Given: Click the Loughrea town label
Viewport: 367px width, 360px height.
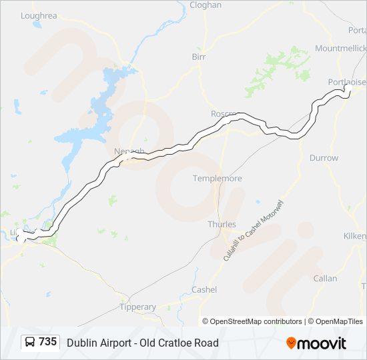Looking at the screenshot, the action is [39, 15].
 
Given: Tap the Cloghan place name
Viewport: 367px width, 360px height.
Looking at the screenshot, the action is [206, 5].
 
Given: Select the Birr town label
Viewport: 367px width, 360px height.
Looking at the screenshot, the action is [199, 57].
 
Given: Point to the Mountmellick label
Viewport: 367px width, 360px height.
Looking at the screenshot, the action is [340, 49].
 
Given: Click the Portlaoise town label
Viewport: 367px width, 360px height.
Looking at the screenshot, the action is [347, 81].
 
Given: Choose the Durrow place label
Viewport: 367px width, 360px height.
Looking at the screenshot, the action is [324, 158].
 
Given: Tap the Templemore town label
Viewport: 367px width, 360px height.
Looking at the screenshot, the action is [217, 179].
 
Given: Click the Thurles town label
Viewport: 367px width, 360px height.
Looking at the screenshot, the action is [222, 224].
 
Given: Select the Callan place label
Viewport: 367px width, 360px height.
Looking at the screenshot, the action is [325, 278].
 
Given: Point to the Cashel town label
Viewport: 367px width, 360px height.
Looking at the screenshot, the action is [204, 289].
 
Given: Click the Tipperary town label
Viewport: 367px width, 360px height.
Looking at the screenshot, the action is [137, 307].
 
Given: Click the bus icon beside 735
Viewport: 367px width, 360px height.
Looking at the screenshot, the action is [30, 343].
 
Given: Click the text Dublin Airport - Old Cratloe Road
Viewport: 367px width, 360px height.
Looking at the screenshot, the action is [142, 343].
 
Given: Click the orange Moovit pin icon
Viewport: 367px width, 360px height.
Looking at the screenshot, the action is [291, 343].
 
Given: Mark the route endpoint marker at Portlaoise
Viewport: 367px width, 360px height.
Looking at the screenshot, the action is [348, 89].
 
